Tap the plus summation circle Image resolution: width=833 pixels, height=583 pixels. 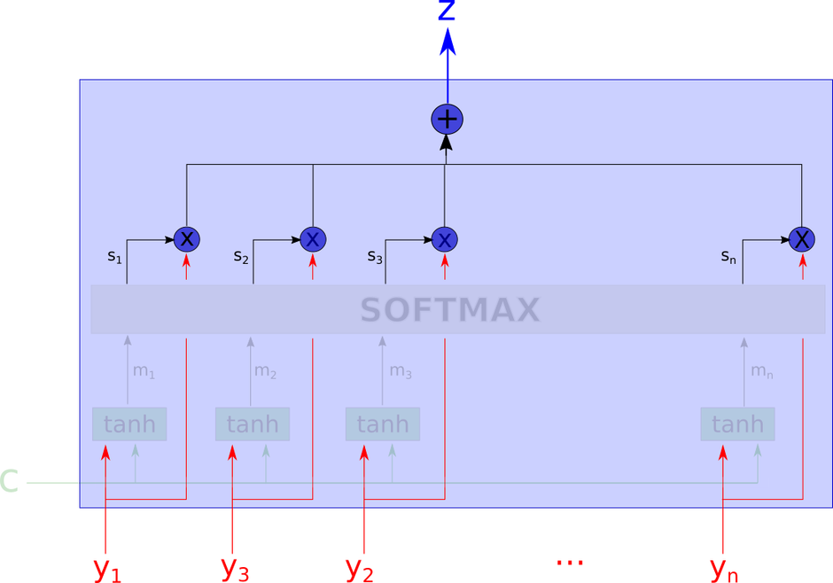[x=447, y=119]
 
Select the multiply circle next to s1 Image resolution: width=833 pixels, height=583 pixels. [x=186, y=238]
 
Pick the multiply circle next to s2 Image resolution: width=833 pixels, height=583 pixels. [x=313, y=238]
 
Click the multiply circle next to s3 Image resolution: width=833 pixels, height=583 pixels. [x=445, y=239]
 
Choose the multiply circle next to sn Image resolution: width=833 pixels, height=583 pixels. [x=801, y=238]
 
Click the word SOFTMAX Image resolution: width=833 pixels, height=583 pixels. [x=450, y=310]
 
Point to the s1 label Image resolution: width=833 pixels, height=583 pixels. [x=114, y=256]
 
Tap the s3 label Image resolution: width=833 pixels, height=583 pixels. [x=375, y=256]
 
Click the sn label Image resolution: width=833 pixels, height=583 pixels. [x=728, y=256]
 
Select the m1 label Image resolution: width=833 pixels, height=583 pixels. [x=144, y=371]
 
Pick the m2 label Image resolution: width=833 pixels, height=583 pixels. [x=265, y=371]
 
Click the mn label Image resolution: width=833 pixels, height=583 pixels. [x=762, y=371]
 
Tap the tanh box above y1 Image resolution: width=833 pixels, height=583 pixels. [x=129, y=424]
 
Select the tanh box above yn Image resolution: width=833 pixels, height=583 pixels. [x=737, y=424]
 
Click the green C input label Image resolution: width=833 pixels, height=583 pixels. [x=10, y=482]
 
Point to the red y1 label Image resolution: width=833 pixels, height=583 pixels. [x=107, y=568]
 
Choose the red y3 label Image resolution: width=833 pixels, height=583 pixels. [x=235, y=568]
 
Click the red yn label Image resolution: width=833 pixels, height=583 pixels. [x=724, y=568]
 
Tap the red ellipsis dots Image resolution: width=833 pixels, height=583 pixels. [x=568, y=562]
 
